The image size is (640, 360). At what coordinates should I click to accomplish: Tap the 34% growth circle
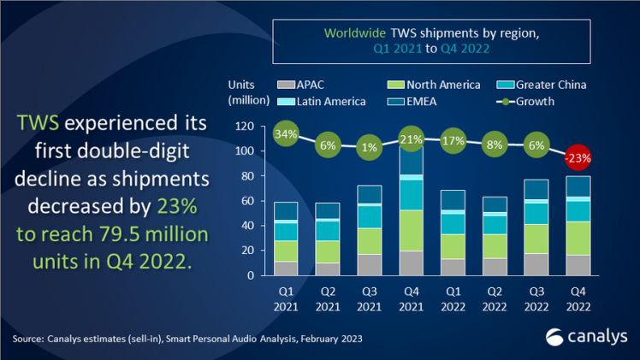tap(287, 133)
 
